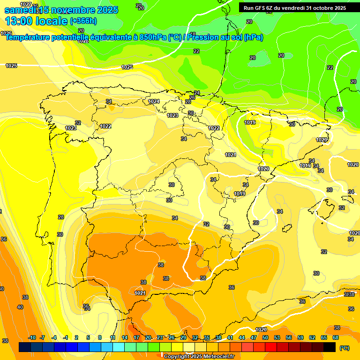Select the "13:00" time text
click(19, 21)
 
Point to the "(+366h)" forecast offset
click(83, 21)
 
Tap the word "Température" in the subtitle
click(30, 37)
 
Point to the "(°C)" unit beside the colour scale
click(344, 347)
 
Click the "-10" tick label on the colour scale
click(32, 337)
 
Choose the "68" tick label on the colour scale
click(336, 337)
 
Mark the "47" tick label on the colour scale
click(254, 337)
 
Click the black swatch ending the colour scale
click(330, 347)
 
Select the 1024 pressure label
click(154, 101)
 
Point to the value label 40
click(20, 307)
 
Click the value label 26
click(192, 97)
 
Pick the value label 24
click(197, 93)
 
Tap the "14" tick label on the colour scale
click(125, 337)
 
